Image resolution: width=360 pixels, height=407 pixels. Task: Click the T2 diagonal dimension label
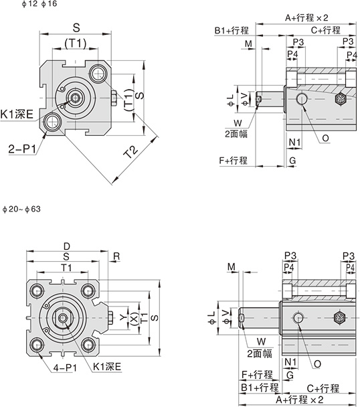click(130, 153)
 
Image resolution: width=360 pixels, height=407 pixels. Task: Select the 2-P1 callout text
click(22, 149)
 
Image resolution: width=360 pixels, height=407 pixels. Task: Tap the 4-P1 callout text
click(65, 368)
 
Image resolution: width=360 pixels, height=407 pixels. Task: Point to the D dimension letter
click(67, 246)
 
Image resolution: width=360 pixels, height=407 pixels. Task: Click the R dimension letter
click(116, 256)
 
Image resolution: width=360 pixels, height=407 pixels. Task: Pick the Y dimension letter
click(124, 317)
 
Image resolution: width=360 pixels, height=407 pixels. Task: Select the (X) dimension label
click(134, 318)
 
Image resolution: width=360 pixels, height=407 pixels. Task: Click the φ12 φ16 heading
click(39, 4)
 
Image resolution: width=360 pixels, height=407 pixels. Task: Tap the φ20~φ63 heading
click(22, 210)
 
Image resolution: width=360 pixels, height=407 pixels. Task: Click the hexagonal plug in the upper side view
click(341, 99)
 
